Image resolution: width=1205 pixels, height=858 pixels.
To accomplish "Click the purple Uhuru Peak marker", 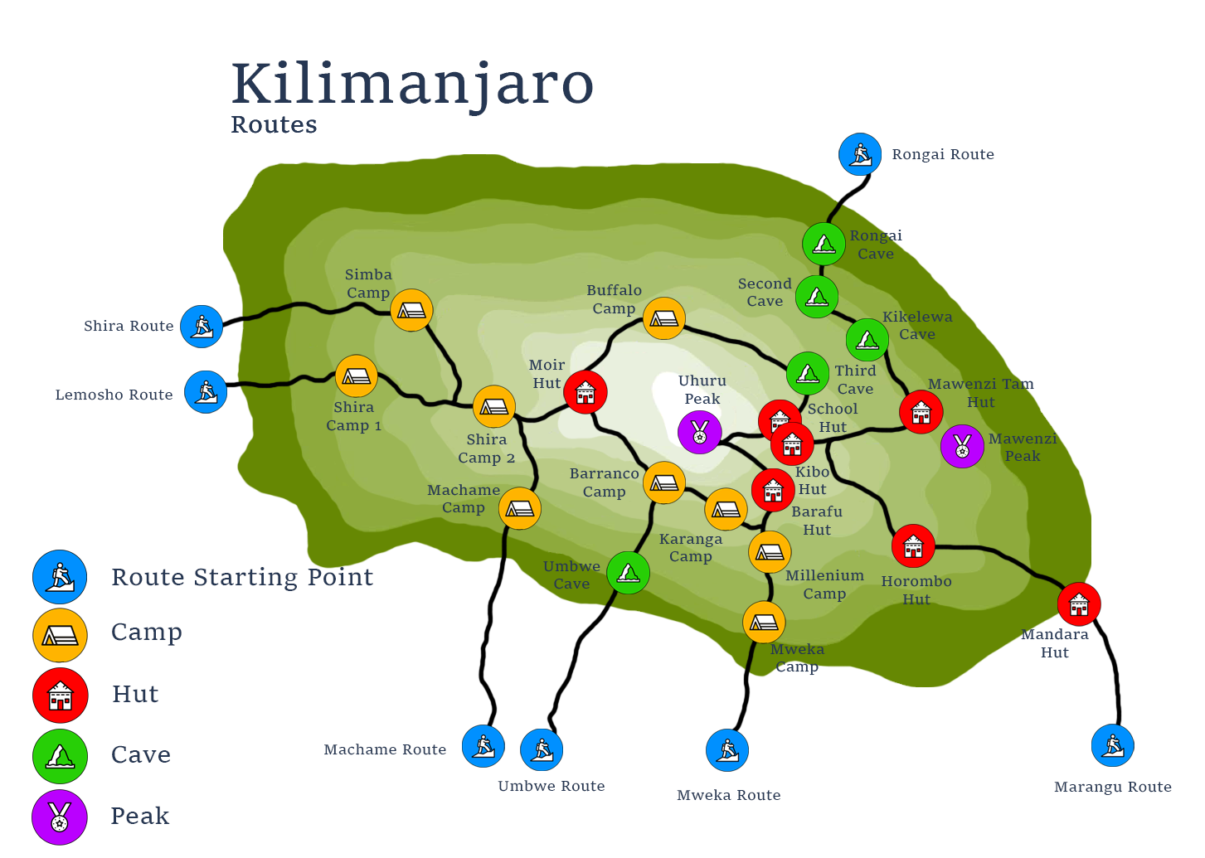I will pos(700,432).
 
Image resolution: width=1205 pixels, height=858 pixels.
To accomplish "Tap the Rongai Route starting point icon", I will pos(860,154).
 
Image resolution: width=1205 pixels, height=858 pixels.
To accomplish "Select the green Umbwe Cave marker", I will pos(628,572).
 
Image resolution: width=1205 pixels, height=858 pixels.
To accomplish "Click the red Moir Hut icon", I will pos(585,392).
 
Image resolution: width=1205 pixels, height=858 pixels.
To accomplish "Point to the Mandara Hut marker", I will pos(1079,604).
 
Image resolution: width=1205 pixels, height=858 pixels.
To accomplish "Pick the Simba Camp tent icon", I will pos(411,311).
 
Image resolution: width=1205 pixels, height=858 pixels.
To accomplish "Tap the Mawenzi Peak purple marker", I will pos(962,446).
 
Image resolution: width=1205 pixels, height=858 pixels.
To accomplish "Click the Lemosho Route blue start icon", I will pos(206,391).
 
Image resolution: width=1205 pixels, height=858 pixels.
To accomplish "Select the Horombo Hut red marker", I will pos(913,546).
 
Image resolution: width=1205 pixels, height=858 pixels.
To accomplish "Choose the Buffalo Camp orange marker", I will pos(663,318).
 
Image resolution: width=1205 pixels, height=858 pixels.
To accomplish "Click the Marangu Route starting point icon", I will pos(1113,745).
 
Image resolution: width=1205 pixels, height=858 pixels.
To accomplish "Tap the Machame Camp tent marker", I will pos(520,508).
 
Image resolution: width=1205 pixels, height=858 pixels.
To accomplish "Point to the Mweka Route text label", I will pos(728,795).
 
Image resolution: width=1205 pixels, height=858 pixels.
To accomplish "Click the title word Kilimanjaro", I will pos(412,84).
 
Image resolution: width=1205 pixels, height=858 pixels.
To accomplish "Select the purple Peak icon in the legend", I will pos(60,817).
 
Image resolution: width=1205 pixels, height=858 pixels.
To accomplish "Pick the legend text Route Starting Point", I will pos(242,577).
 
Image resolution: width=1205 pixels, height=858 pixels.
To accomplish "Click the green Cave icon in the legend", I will pos(60,756).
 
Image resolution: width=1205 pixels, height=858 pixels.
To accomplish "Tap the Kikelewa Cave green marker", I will pos(867,340).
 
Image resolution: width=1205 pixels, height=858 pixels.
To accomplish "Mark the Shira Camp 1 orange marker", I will pos(357,376).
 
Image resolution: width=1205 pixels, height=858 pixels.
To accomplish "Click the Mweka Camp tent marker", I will pos(764,622).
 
